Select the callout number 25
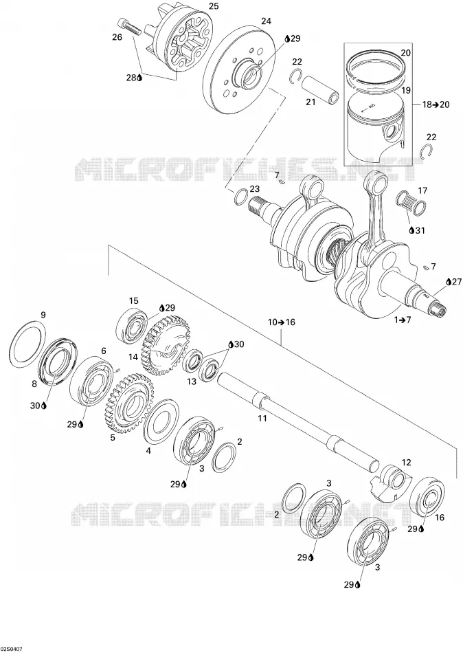214,5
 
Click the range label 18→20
436,104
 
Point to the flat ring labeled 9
27,344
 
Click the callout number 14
133,357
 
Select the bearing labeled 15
132,327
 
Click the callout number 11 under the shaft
262,419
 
